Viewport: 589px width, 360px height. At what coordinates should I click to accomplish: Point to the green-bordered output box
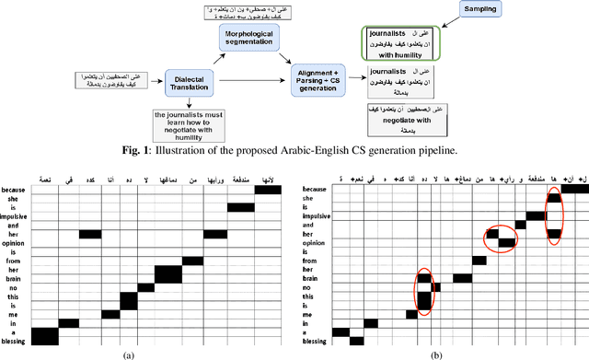401,42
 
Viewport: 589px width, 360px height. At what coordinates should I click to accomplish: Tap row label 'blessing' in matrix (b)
315,340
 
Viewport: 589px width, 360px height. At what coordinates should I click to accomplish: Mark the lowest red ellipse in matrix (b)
424,291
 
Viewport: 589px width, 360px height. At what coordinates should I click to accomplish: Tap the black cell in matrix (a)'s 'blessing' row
44,340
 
